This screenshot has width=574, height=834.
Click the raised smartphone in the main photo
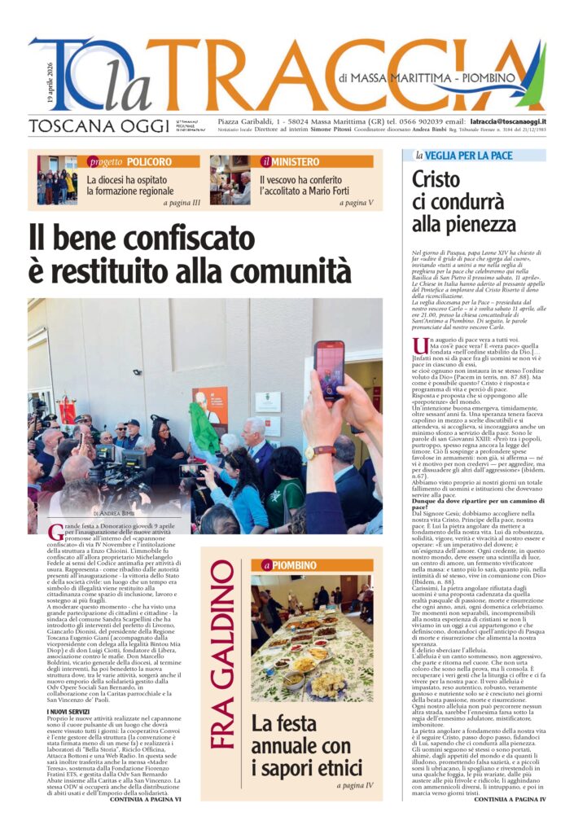pyautogui.click(x=329, y=371)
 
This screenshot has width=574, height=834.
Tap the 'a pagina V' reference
pyautogui.click(x=358, y=203)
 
